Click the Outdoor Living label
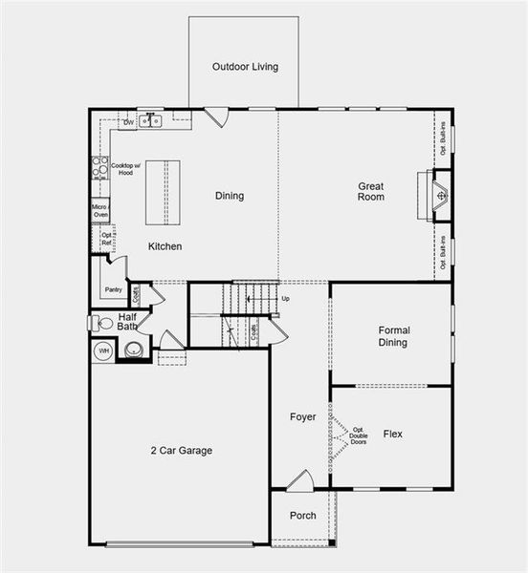(x=245, y=67)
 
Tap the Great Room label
(x=371, y=191)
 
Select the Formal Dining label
(x=392, y=335)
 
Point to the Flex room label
(x=393, y=434)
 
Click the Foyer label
(x=302, y=417)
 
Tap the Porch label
(x=303, y=516)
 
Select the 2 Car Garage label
(x=181, y=451)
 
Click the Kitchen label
(x=165, y=246)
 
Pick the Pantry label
(x=113, y=289)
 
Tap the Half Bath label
(x=128, y=321)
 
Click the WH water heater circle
(x=103, y=353)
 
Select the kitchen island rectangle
(x=163, y=192)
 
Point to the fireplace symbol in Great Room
(x=441, y=197)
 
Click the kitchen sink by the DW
(x=150, y=121)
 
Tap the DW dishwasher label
(x=128, y=122)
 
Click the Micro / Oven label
(x=100, y=210)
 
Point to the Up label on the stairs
(x=285, y=299)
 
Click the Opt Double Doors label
(x=359, y=435)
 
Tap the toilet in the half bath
(x=101, y=323)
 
